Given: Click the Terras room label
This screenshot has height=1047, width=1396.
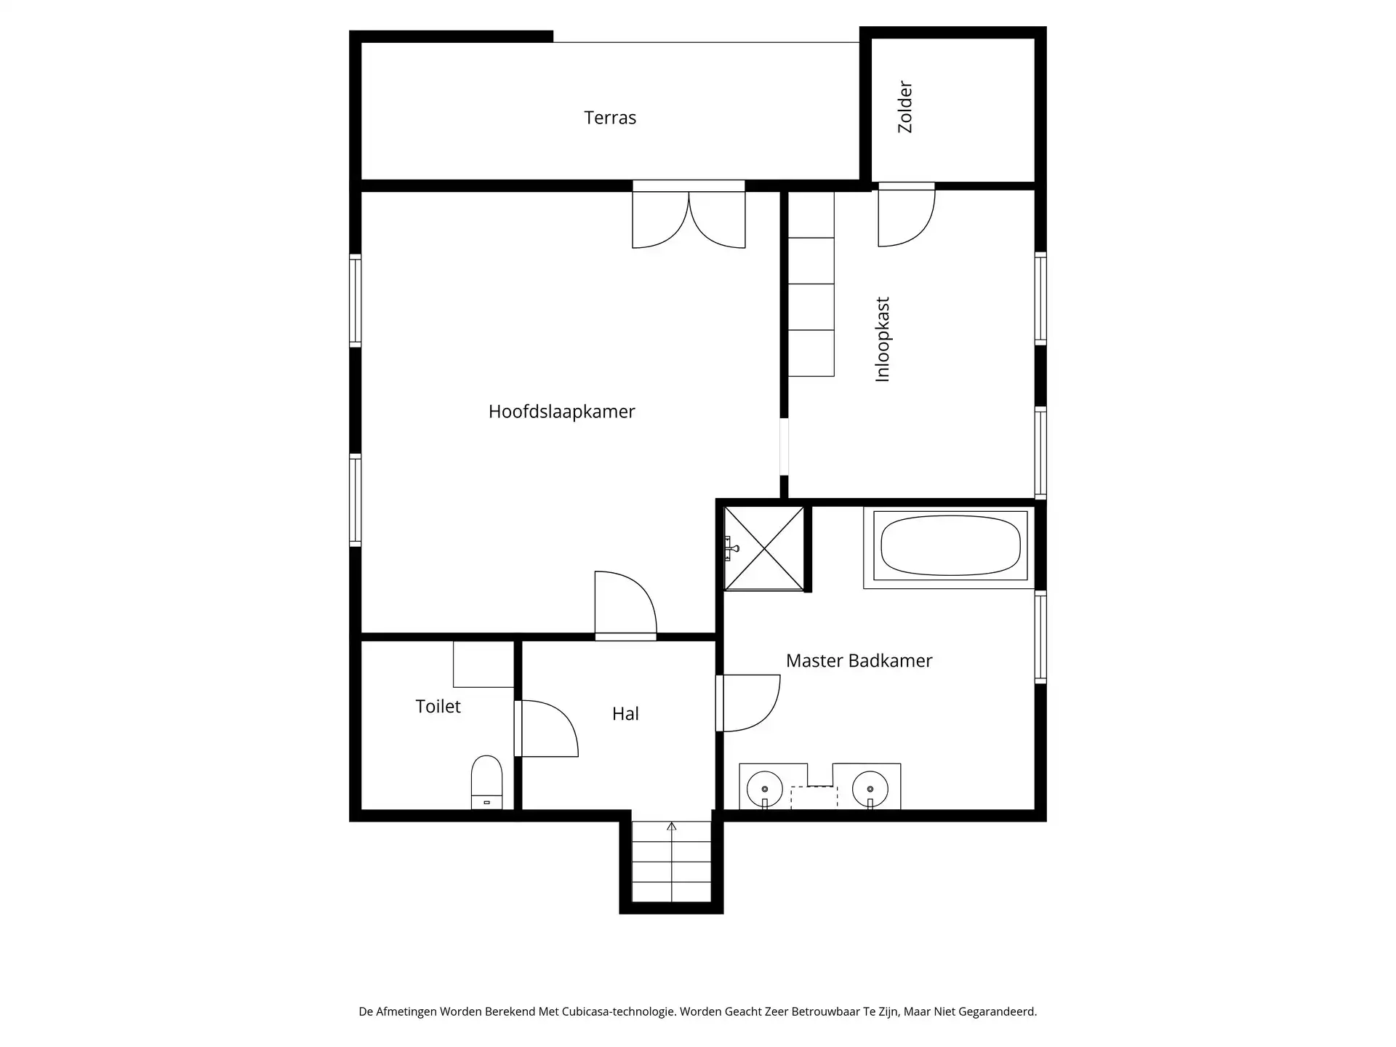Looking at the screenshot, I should (x=609, y=118).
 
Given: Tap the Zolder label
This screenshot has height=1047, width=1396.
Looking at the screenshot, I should (x=905, y=107).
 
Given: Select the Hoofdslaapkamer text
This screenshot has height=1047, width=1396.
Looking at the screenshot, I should (x=561, y=412).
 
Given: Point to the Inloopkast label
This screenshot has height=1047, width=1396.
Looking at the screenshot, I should (x=883, y=340).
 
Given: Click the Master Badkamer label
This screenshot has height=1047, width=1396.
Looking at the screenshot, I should (x=859, y=661).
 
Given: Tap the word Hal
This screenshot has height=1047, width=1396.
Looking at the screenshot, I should (x=625, y=714).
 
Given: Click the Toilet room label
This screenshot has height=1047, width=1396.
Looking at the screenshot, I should (x=438, y=707).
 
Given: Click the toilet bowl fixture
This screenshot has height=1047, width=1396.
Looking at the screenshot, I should (x=486, y=782).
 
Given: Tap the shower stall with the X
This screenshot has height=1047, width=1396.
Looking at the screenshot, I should (x=765, y=548).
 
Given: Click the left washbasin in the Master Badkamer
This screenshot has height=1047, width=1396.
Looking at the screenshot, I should (x=765, y=788).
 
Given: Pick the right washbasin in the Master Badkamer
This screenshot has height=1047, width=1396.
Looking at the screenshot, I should (x=870, y=788).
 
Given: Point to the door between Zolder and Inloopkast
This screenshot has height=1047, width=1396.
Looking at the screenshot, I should (x=906, y=217).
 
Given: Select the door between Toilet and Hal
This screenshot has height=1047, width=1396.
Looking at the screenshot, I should (x=547, y=729).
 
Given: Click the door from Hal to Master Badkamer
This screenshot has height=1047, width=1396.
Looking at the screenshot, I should (x=749, y=703).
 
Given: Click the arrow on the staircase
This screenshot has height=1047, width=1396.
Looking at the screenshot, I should (x=672, y=827).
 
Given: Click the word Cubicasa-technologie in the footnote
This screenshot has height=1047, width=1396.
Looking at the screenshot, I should (x=618, y=1011).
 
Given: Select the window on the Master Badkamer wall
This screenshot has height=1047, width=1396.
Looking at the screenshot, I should (x=1040, y=637).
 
